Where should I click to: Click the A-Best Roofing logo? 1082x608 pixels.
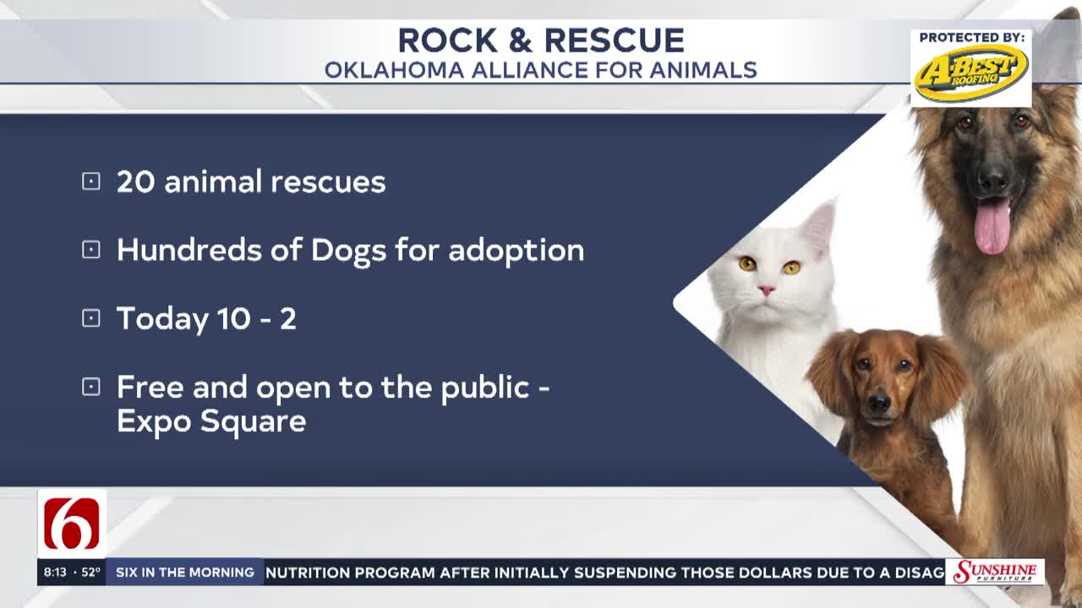971,73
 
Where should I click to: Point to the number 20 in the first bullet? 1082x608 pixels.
136,182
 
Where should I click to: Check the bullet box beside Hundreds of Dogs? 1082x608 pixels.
91,250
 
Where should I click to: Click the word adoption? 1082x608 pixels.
516,251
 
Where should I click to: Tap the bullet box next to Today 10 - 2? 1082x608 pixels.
91,318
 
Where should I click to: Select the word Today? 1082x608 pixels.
162,320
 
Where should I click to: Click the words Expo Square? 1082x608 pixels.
211,421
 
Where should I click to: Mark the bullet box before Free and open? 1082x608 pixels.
91,387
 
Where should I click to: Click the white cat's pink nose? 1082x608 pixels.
766,290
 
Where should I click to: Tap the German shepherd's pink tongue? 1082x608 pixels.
992,226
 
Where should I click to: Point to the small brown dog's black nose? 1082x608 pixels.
879,403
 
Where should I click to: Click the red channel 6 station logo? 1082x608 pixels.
72,524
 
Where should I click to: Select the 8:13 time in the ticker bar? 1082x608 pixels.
55,573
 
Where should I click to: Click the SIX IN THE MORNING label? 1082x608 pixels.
185,573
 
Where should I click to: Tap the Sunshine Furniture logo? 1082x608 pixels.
995,573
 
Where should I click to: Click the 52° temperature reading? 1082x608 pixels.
90,573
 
